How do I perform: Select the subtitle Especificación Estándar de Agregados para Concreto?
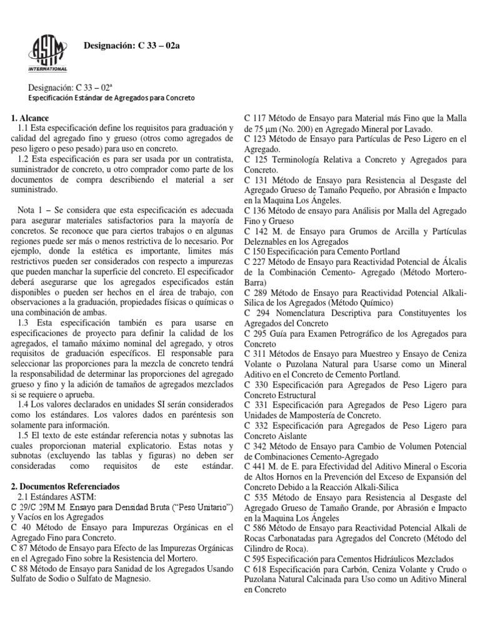pyautogui.click(x=112, y=98)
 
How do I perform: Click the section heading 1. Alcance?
pyautogui.click(x=30, y=118)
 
